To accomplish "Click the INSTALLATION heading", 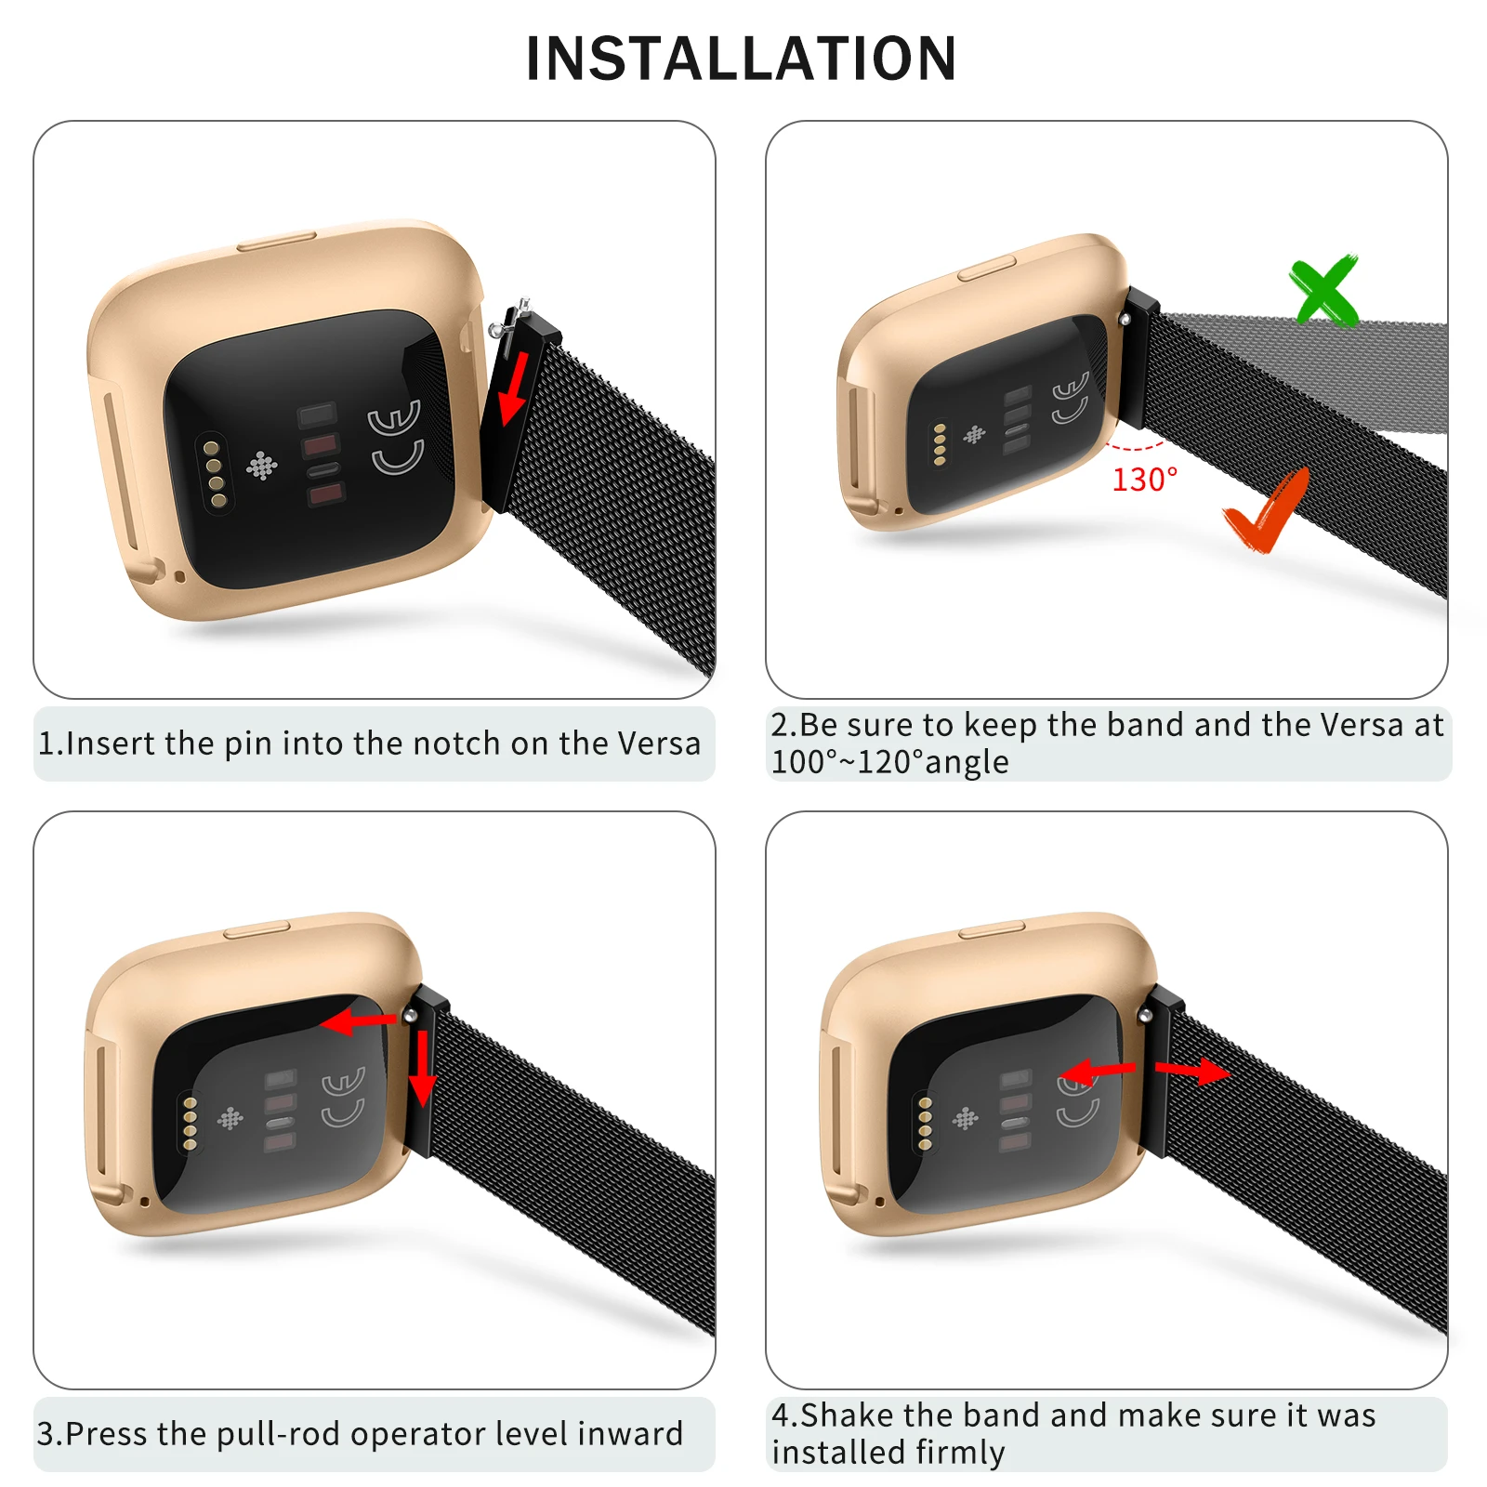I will click(741, 59).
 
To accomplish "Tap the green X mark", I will click(1324, 290).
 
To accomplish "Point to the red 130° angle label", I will click(1144, 480).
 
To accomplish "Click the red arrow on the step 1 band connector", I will click(514, 388).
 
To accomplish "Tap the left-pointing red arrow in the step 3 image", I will click(358, 1022).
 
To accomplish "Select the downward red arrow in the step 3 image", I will click(423, 1069).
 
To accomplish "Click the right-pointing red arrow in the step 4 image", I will click(1192, 1072).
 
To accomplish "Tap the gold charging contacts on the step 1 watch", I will click(215, 475).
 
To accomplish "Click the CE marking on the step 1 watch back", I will click(396, 437).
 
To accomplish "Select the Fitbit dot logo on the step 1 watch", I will click(261, 466).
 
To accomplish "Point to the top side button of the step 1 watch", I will click(276, 243).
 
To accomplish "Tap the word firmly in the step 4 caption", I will click(960, 1453).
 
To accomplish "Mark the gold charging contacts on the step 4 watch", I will click(925, 1124).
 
